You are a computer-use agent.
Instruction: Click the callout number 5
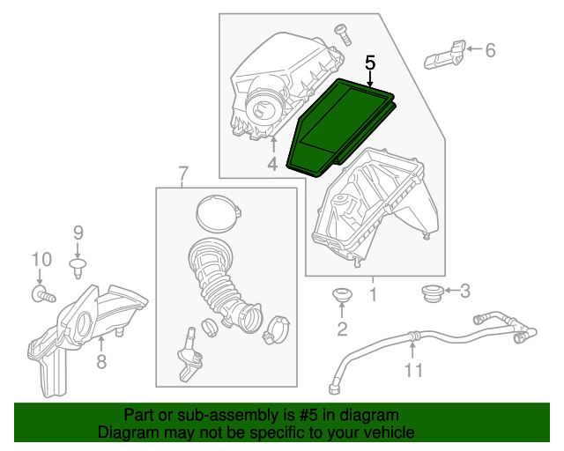(370, 63)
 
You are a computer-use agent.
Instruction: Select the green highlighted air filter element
(344, 123)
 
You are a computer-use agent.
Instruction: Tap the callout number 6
(490, 50)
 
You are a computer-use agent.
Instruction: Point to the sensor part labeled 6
(448, 54)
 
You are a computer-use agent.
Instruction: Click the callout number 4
(272, 164)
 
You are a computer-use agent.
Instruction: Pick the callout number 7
(183, 173)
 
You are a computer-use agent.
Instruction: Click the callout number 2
(342, 329)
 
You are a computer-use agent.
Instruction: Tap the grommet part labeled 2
(340, 294)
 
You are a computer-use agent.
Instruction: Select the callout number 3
(466, 290)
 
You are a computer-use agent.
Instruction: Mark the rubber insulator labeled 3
(432, 292)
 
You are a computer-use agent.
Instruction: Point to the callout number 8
(101, 361)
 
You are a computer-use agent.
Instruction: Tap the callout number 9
(78, 233)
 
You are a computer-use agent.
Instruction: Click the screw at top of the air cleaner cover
(341, 33)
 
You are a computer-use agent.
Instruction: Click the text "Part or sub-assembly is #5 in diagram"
(261, 415)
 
